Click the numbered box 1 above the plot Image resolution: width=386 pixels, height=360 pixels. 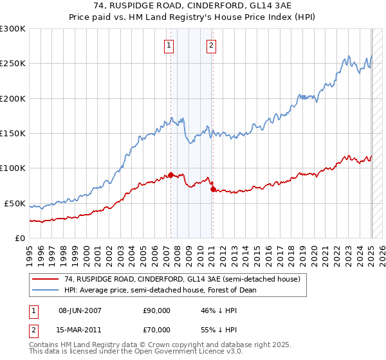click(169, 45)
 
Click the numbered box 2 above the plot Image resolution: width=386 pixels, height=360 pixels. click(211, 45)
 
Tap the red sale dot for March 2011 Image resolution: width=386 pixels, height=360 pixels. click(213, 189)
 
